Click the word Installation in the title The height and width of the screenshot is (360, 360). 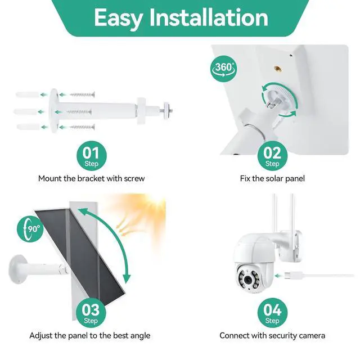pyautogui.click(x=209, y=17)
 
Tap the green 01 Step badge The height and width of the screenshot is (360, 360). pyautogui.click(x=91, y=156)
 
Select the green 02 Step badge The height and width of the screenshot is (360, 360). pyautogui.click(x=272, y=156)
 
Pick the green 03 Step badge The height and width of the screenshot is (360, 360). pyautogui.click(x=91, y=313)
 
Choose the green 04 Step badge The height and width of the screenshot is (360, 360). pyautogui.click(x=272, y=313)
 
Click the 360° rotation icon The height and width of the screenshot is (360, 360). pyautogui.click(x=224, y=69)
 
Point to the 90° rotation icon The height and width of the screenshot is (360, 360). pyautogui.click(x=31, y=229)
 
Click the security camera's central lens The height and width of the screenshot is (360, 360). pyautogui.click(x=247, y=280)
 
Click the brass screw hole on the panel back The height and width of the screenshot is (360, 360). pyautogui.click(x=278, y=69)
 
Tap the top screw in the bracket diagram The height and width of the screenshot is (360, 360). pyautogui.click(x=83, y=94)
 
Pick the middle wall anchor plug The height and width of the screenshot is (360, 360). pyautogui.click(x=25, y=112)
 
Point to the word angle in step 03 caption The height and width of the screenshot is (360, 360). pyautogui.click(x=140, y=336)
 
